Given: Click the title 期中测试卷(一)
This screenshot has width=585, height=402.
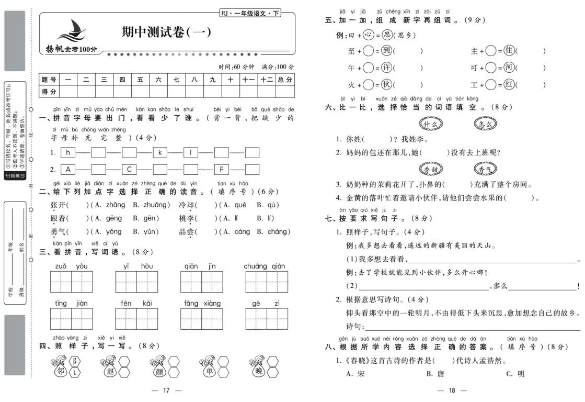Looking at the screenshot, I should tap(166, 32).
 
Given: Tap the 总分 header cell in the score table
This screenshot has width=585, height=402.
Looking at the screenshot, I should tap(285, 79).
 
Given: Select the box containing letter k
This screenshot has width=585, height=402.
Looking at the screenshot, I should tap(160, 153).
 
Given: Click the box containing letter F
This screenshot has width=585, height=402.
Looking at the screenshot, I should tap(222, 169).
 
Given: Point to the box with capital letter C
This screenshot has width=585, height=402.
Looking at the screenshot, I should tap(129, 169).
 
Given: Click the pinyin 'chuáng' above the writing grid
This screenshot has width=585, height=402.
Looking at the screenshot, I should tap(256, 266).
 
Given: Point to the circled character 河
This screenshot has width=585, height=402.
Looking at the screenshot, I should tap(509, 68).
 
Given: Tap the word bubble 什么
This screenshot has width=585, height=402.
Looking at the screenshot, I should tap(430, 124).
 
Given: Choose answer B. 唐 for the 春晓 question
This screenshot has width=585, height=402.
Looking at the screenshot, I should tap(435, 374).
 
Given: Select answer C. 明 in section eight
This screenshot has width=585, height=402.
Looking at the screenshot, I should tap(514, 374).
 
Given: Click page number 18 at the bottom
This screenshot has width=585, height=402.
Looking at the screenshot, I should tap(453, 390).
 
